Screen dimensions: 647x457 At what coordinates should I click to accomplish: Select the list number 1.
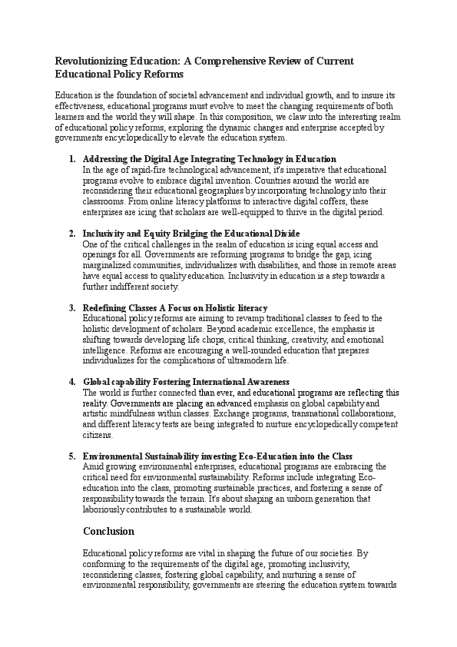[71, 159]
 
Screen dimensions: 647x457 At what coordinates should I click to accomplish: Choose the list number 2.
[71, 233]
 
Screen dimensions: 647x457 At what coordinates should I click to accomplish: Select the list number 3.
[71, 307]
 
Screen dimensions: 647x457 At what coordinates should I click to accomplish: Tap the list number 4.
[71, 382]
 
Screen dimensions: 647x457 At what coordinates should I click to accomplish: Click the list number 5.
[71, 456]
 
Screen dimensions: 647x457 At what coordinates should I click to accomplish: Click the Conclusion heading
[108, 532]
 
